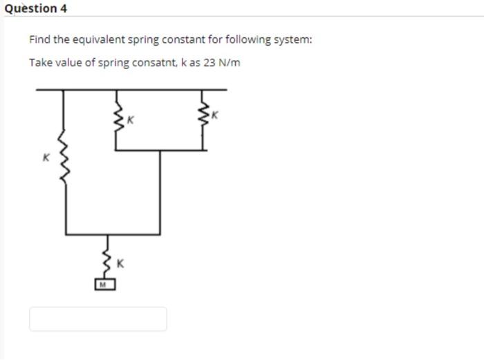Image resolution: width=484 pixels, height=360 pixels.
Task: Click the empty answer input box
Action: pos(97,319)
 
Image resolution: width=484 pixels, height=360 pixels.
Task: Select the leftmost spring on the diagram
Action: pos(66,158)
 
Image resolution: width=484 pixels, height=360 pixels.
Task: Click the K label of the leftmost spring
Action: pos(46,157)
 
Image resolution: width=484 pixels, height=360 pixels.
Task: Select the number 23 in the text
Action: pos(209,63)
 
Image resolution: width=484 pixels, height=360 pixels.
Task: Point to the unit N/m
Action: pos(229,63)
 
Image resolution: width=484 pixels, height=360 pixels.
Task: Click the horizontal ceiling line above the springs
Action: pos(131,89)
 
